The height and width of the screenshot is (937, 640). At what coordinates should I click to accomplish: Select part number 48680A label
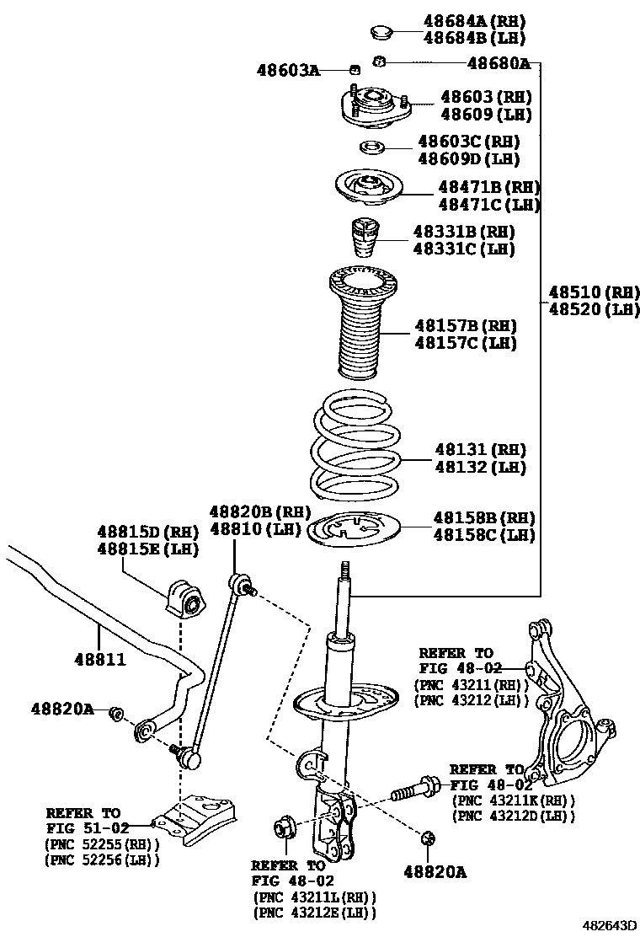499,63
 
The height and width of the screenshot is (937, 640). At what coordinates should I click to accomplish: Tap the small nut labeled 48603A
355,69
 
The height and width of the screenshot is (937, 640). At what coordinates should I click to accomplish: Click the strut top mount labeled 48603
374,110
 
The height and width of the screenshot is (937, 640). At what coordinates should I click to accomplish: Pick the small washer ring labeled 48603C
371,150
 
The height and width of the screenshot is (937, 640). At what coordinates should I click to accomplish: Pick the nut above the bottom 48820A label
427,838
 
